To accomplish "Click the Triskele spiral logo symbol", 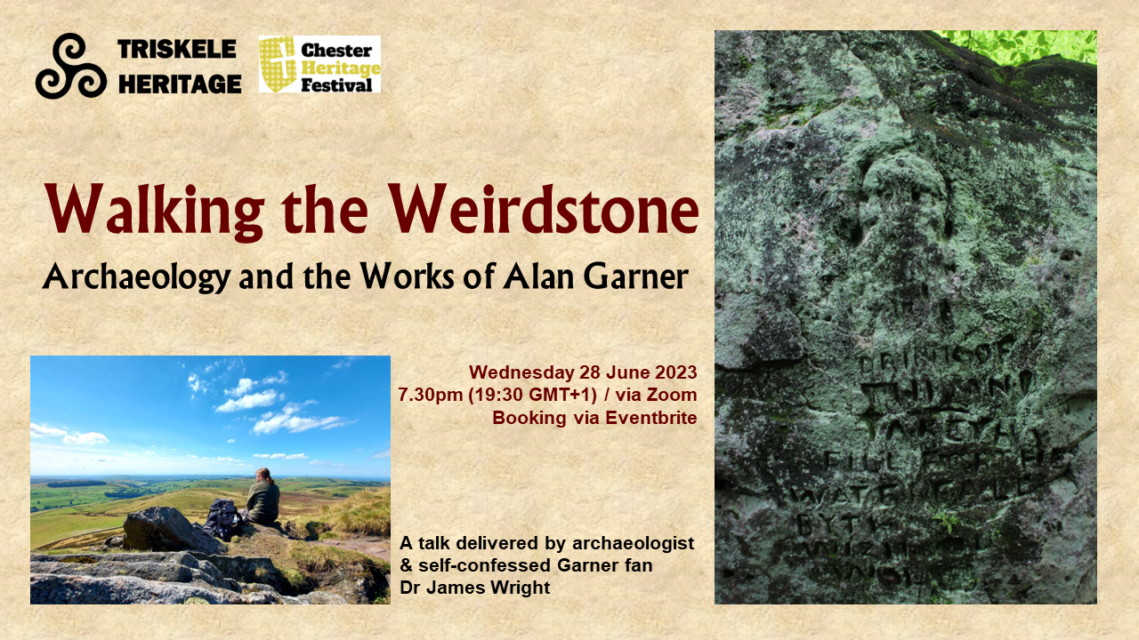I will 71,66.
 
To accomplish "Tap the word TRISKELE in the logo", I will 179,50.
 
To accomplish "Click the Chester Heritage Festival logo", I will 319,64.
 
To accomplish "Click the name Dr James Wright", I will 475,588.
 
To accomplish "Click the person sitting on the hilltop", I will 263,497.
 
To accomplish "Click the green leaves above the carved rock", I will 1014,47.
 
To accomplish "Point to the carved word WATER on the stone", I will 871,488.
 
